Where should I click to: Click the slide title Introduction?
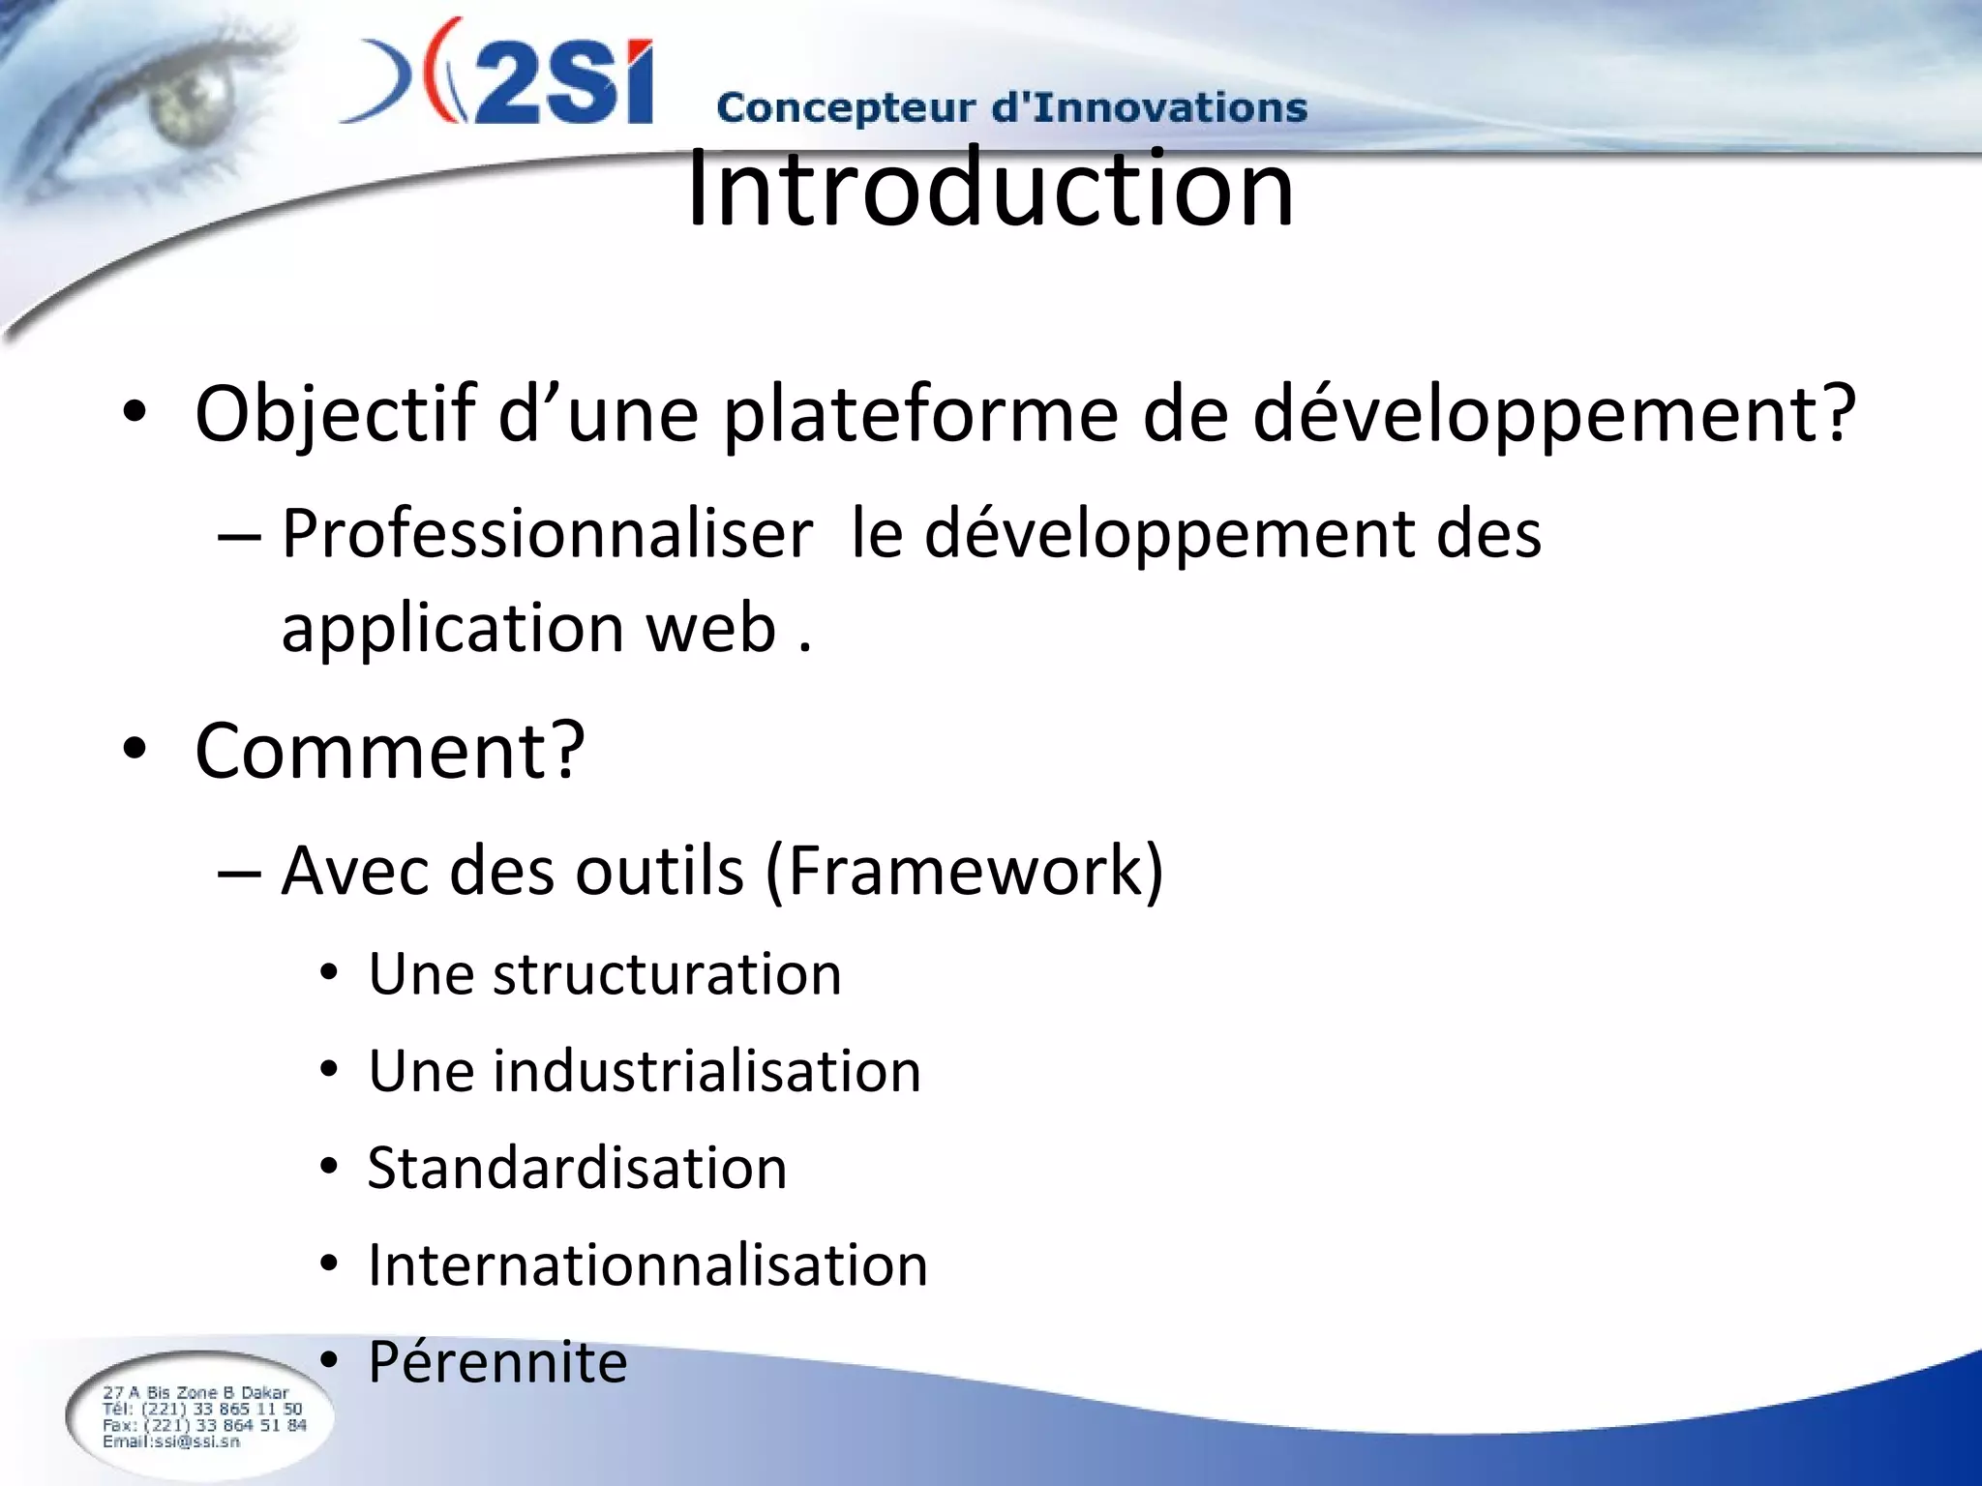[x=989, y=189]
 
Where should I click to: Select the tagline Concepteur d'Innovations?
[x=1011, y=107]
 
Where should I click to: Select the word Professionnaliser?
[x=547, y=535]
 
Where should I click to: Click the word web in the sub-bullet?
[x=711, y=629]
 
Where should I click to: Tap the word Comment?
[x=389, y=751]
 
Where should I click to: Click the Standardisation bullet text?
[x=577, y=1169]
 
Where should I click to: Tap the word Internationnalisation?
[x=647, y=1265]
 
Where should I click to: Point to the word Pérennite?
[x=497, y=1362]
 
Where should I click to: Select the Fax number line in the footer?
[x=204, y=1425]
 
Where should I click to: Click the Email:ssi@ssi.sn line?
[x=171, y=1441]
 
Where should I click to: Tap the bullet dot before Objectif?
[x=135, y=414]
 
